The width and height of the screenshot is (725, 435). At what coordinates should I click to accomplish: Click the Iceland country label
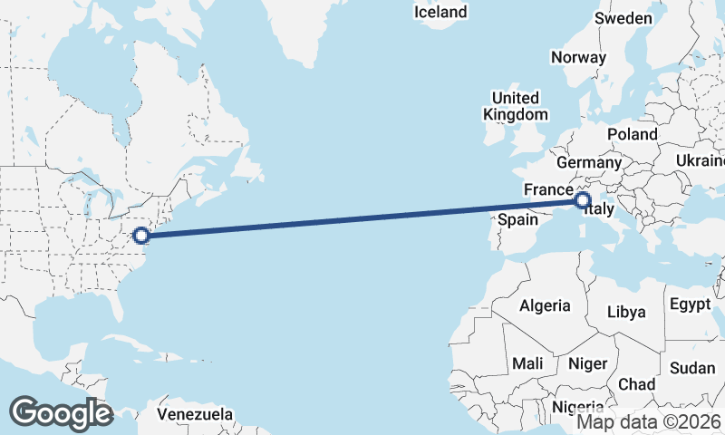tap(440, 12)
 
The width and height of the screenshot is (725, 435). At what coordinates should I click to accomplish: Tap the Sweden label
tap(623, 19)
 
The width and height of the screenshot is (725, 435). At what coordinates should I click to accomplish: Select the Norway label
tap(578, 57)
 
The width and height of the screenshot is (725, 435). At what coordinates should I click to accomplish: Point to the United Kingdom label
tap(516, 106)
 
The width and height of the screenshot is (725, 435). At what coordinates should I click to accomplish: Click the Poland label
tap(633, 134)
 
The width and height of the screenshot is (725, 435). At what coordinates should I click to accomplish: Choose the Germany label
tap(588, 162)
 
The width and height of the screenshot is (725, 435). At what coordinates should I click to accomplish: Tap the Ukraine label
tap(700, 160)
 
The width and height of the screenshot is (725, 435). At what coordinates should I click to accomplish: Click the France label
tap(546, 189)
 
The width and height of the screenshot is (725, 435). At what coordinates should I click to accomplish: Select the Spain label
tap(518, 219)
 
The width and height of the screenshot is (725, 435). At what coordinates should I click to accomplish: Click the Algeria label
tap(545, 305)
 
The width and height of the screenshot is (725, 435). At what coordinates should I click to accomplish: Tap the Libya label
tap(626, 312)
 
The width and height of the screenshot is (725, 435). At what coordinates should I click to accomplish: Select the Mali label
tap(527, 363)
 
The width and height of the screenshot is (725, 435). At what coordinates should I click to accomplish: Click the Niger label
tap(586, 363)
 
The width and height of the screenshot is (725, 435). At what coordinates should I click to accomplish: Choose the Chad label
tap(636, 384)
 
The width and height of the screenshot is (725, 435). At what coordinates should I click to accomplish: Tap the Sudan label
tap(692, 368)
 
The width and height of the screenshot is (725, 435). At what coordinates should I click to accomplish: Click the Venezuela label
tap(194, 414)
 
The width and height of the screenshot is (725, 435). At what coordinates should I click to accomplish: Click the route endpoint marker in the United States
tap(140, 236)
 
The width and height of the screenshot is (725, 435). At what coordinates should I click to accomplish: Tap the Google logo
tap(61, 413)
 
